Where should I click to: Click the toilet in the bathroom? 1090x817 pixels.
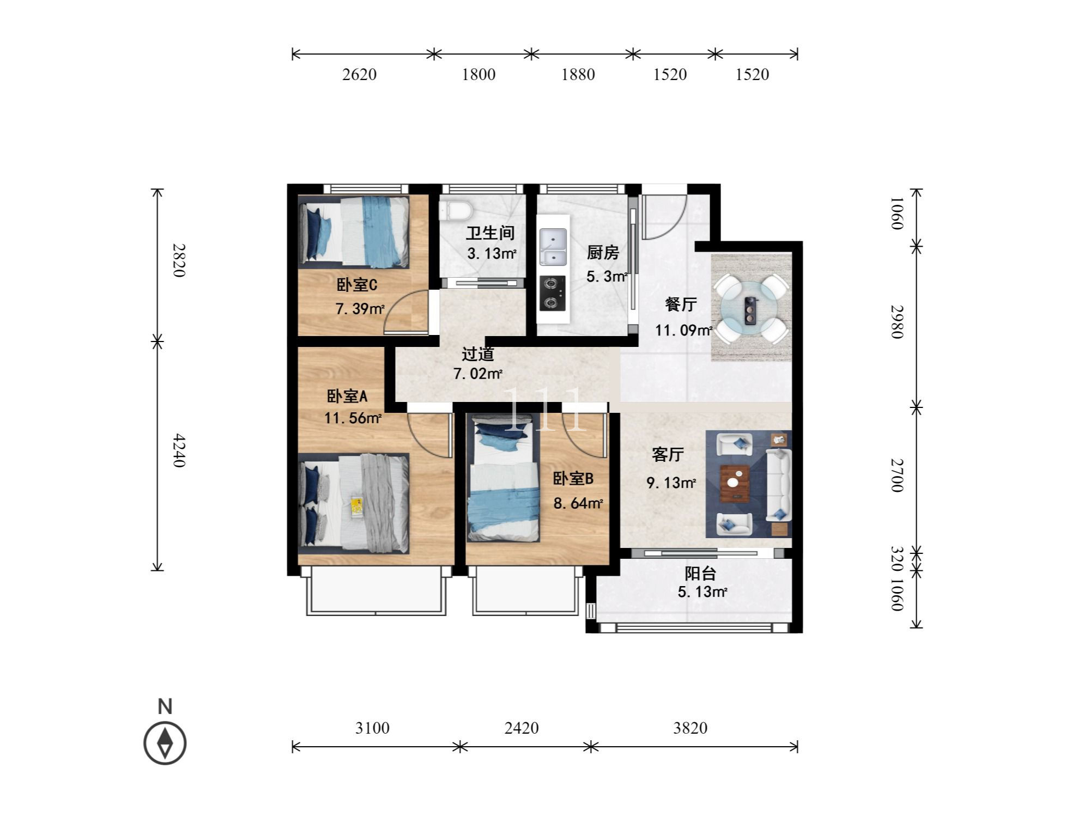[x=455, y=211]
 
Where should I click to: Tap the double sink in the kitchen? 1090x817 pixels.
[x=553, y=247]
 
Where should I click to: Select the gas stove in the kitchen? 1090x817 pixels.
[x=552, y=294]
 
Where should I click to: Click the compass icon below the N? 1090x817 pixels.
[x=165, y=743]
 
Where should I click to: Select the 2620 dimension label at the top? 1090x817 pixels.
[x=359, y=75]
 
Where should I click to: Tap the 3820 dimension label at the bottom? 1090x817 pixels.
[x=690, y=728]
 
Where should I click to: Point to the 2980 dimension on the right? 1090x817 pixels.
[x=897, y=322]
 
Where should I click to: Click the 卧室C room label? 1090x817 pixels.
[x=357, y=285]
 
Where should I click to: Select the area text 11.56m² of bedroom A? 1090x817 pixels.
[x=353, y=418]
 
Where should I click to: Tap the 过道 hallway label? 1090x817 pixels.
[x=478, y=354]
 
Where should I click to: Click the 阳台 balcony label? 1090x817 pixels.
[x=700, y=574]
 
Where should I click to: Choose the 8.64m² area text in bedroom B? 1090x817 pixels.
[x=578, y=503]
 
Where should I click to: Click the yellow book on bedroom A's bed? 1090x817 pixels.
[x=358, y=506]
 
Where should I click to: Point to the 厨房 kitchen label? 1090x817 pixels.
[x=603, y=253]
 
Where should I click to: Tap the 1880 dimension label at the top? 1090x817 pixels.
[x=578, y=75]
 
